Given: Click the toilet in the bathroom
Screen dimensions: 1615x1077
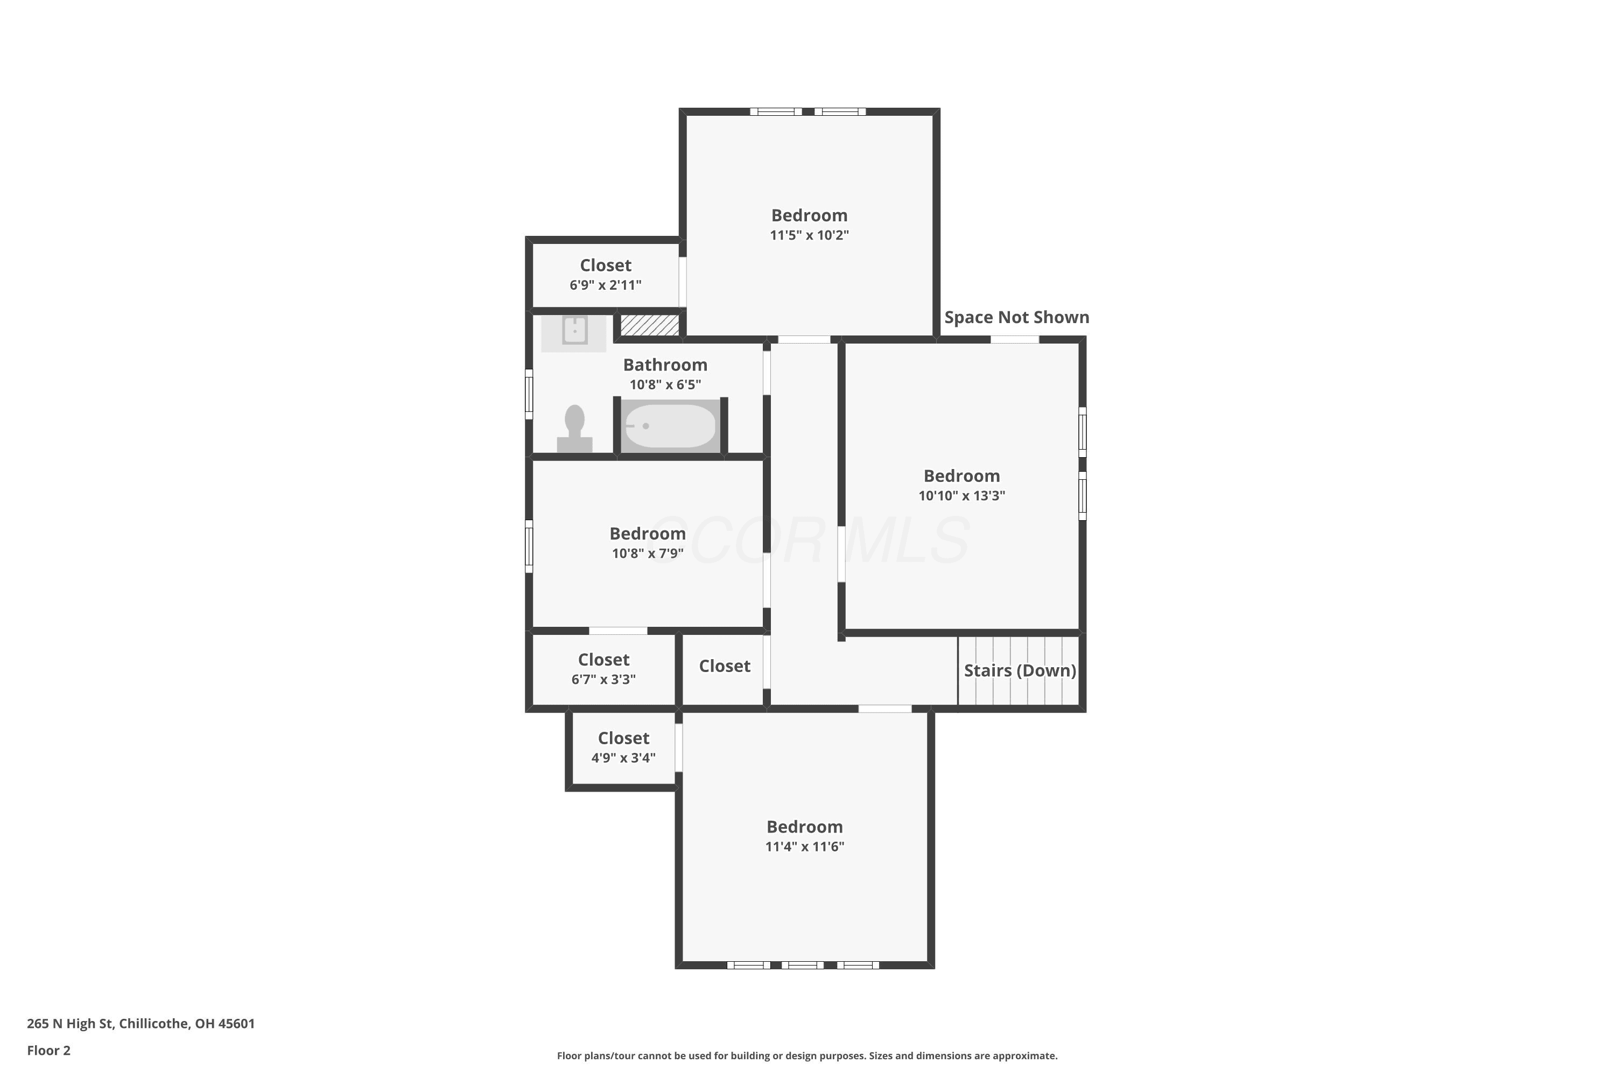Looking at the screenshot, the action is pos(575,429).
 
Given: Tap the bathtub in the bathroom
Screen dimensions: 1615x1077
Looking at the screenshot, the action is pos(671,426).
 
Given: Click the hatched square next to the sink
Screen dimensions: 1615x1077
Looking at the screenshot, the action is pos(650,325).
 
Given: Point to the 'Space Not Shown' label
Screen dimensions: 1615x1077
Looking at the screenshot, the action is pos(1016,317).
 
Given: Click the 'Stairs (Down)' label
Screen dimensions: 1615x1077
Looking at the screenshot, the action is pos(1020,670).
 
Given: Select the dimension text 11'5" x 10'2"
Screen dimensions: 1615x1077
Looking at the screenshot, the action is pos(810,235).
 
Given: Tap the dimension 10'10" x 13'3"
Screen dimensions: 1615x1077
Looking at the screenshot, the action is pos(961,495).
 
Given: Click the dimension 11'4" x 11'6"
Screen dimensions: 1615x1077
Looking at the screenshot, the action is pos(805,846).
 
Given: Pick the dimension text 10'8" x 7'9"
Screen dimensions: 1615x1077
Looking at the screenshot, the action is pos(648,553).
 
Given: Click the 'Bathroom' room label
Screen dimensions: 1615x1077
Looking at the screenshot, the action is pos(665,365).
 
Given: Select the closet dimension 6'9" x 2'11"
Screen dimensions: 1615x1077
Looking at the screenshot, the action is pos(605,284).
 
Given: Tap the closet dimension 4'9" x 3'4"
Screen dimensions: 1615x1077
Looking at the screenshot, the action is pos(623,758).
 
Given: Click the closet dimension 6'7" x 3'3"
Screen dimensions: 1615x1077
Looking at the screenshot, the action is pos(603,679).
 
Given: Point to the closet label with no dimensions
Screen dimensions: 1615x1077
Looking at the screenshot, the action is pos(725,666).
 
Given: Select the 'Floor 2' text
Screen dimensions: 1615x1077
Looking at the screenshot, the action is pos(49,1050).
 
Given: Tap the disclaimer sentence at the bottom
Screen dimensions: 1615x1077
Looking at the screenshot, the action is pos(807,1055).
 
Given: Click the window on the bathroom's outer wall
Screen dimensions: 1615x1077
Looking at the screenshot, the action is pos(529,394).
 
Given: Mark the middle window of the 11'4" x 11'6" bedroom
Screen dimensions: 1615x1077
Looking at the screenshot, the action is pos(803,965).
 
